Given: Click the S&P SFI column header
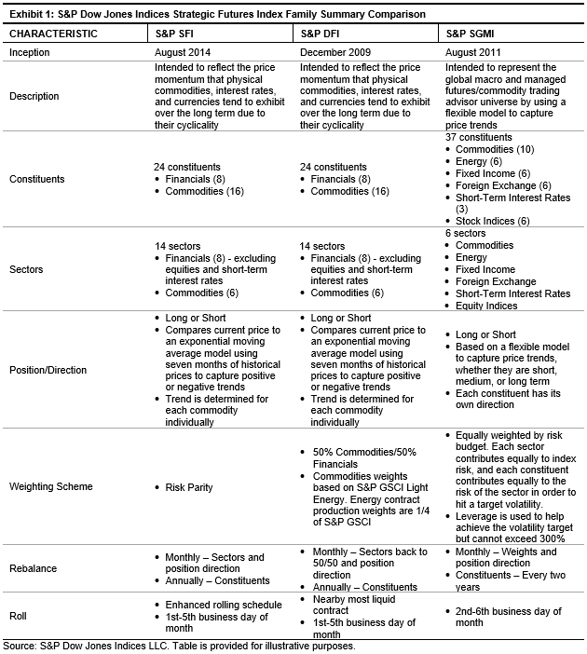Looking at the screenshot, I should tap(174, 34).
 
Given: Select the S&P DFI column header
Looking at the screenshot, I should tap(321, 34).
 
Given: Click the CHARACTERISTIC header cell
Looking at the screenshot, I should tap(54, 34).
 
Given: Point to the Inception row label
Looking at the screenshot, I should tap(30, 53).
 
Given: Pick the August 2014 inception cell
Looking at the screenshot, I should tap(184, 53).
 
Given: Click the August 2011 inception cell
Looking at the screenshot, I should tap(476, 53).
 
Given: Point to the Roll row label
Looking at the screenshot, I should tap(19, 616).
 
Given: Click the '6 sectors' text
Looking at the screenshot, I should tap(466, 233).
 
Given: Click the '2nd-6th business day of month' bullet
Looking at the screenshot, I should tap(508, 617).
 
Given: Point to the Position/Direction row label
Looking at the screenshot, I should tap(49, 370).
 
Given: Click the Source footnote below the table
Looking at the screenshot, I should tap(179, 645).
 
